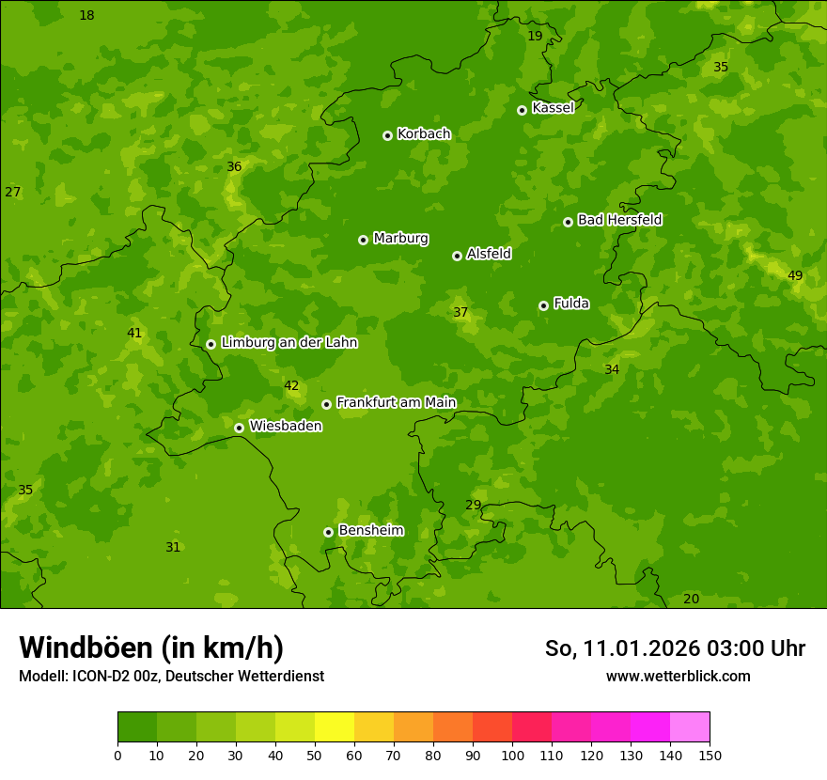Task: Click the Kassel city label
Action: coord(553,108)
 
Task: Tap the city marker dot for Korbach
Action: coord(387,135)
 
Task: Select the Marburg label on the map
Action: coord(400,239)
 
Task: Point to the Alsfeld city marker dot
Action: coord(457,256)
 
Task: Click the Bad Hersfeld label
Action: coord(619,220)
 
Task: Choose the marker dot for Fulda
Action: coord(543,305)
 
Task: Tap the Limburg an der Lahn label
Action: coord(289,343)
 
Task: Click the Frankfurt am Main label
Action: coord(396,403)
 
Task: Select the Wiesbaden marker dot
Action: coord(239,428)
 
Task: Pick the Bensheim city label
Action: coord(370,531)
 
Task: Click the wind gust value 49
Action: coord(795,275)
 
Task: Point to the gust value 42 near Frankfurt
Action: coord(291,385)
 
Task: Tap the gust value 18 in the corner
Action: coord(86,15)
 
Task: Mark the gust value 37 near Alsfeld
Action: coord(460,312)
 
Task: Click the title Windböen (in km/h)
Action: coord(151,647)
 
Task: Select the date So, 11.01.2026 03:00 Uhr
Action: coord(675,648)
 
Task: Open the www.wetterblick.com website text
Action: coord(678,676)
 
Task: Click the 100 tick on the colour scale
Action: coord(512,755)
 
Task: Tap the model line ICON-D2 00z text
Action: coord(171,676)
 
